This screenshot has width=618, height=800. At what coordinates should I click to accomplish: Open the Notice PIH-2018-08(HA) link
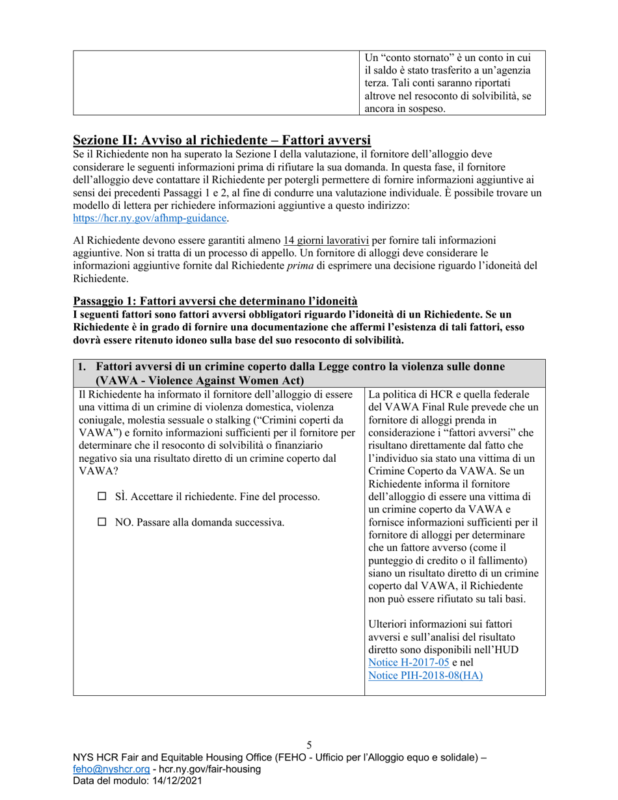point(425,675)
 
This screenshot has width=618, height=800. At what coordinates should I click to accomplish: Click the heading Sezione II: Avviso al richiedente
point(222,140)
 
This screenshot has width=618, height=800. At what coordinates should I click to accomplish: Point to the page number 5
point(309,745)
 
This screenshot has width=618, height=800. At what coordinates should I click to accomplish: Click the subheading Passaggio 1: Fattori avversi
point(215,300)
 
